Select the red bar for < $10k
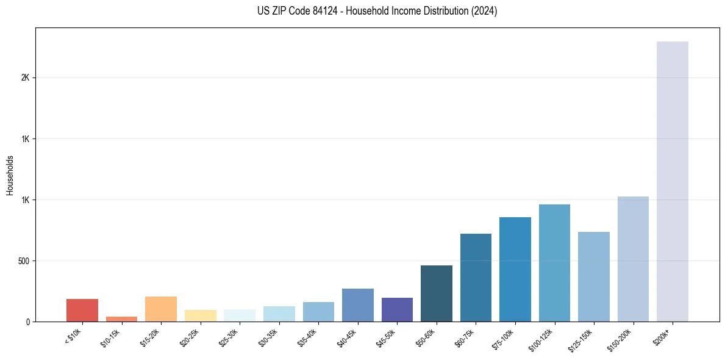pos(82,310)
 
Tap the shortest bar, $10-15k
pos(121,319)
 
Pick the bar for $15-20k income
pos(161,309)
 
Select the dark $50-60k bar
pos(437,293)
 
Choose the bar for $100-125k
pos(554,263)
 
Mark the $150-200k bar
pos(633,259)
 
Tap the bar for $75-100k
pos(515,269)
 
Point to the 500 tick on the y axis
pos(24,261)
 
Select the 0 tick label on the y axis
pos(28,322)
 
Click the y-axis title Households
pos(10,175)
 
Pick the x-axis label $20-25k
pos(190,337)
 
